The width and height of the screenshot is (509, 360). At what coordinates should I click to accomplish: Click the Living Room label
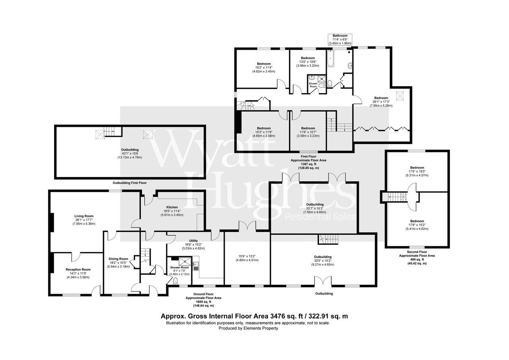(x=83, y=216)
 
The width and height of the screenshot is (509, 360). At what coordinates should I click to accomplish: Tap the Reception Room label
(x=78, y=269)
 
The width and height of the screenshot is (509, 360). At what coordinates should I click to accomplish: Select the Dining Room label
(x=119, y=259)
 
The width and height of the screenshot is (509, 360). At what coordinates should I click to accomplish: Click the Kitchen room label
(x=172, y=207)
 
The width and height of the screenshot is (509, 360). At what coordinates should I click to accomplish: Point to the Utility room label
(x=193, y=241)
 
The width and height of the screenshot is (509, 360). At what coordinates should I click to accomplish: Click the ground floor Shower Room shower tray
(x=185, y=261)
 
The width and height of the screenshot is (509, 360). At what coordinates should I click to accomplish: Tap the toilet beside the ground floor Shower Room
(x=175, y=281)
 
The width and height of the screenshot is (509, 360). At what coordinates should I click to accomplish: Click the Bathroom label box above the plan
(x=340, y=39)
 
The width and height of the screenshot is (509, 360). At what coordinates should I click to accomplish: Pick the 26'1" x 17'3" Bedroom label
(x=381, y=98)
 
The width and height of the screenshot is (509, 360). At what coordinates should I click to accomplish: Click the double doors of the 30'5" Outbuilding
(x=322, y=281)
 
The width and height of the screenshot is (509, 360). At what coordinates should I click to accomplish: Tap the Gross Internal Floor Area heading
(x=254, y=316)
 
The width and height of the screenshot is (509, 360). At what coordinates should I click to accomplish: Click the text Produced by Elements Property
(x=248, y=328)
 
